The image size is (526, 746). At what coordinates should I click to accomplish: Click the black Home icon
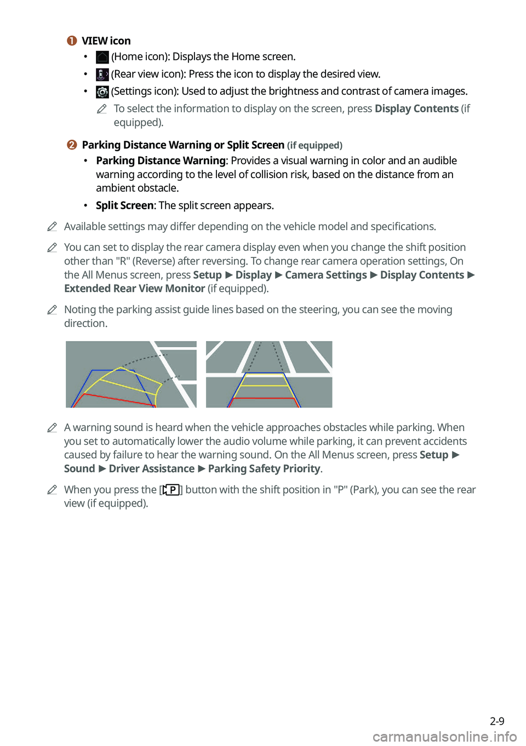coord(102,57)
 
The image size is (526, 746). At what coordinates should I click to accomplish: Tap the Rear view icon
coord(102,74)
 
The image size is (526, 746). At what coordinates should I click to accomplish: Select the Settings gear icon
coord(102,91)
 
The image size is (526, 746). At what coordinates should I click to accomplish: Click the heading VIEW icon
coord(106,41)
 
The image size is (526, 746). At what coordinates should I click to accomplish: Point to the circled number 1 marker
coord(72,41)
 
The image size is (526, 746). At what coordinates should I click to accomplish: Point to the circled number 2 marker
coord(72,145)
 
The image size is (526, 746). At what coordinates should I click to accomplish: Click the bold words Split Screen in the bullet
coord(124,205)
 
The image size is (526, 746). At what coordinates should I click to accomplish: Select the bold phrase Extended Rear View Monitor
coord(134,289)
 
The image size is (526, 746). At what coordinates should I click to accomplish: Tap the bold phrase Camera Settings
coord(326,275)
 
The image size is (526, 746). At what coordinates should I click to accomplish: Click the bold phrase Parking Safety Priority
coord(264,469)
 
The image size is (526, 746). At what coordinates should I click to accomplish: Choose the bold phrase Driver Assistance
coord(151,469)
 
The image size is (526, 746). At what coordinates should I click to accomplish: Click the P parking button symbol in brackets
coord(171,490)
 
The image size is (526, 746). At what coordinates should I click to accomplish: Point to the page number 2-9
coord(497,721)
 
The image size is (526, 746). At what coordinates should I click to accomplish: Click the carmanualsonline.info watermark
coord(444,737)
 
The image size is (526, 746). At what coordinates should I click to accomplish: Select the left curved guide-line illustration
coord(131,375)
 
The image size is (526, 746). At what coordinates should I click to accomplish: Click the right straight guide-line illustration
coord(269,375)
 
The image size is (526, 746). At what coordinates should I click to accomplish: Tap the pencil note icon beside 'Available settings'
coord(52,227)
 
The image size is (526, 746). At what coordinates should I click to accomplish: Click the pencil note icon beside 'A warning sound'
coord(52,428)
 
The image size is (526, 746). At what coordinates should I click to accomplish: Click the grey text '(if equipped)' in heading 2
coord(315,146)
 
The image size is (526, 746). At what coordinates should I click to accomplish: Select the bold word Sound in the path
coord(79,469)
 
